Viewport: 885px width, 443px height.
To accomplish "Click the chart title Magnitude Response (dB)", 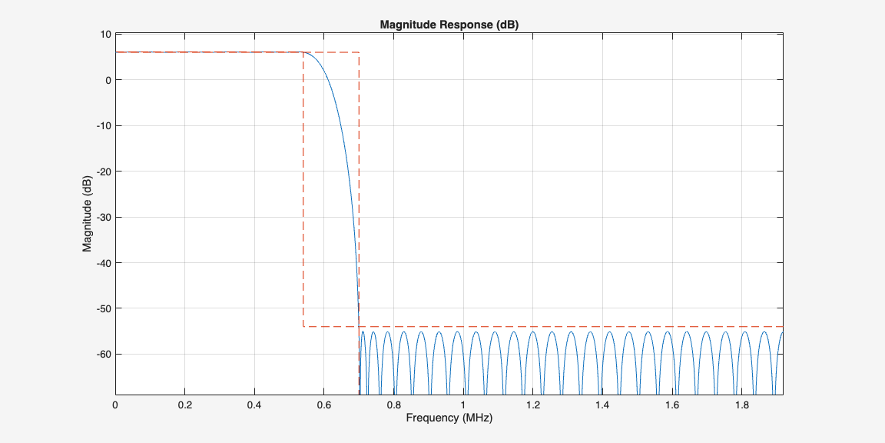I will tap(449, 25).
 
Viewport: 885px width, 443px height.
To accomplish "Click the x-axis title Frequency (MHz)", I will tap(449, 418).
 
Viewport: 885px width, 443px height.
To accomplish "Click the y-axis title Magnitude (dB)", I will tap(88, 215).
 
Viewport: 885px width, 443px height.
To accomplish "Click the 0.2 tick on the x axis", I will tap(184, 405).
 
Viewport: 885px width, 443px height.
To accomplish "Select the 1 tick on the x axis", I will tap(463, 405).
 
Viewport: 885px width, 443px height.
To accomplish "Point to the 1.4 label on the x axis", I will tap(602, 405).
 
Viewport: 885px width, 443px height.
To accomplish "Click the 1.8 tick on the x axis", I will tap(742, 405).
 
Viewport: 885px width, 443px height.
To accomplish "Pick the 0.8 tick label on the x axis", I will tap(393, 405).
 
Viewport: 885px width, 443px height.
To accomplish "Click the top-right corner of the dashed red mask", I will tap(359, 52).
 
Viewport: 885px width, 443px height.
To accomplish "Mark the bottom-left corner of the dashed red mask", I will tap(303, 327).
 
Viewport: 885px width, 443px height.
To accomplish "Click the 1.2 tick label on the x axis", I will tap(533, 405).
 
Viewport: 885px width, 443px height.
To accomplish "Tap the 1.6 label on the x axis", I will tap(672, 405).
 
